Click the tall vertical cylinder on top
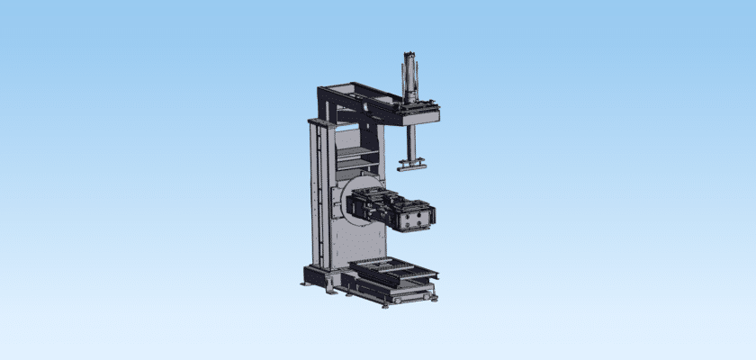click(x=410, y=79)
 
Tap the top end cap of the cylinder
click(x=410, y=56)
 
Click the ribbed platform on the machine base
click(x=392, y=267)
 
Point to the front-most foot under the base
click(x=386, y=305)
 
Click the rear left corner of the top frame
click(x=324, y=90)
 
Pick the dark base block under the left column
click(x=321, y=274)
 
